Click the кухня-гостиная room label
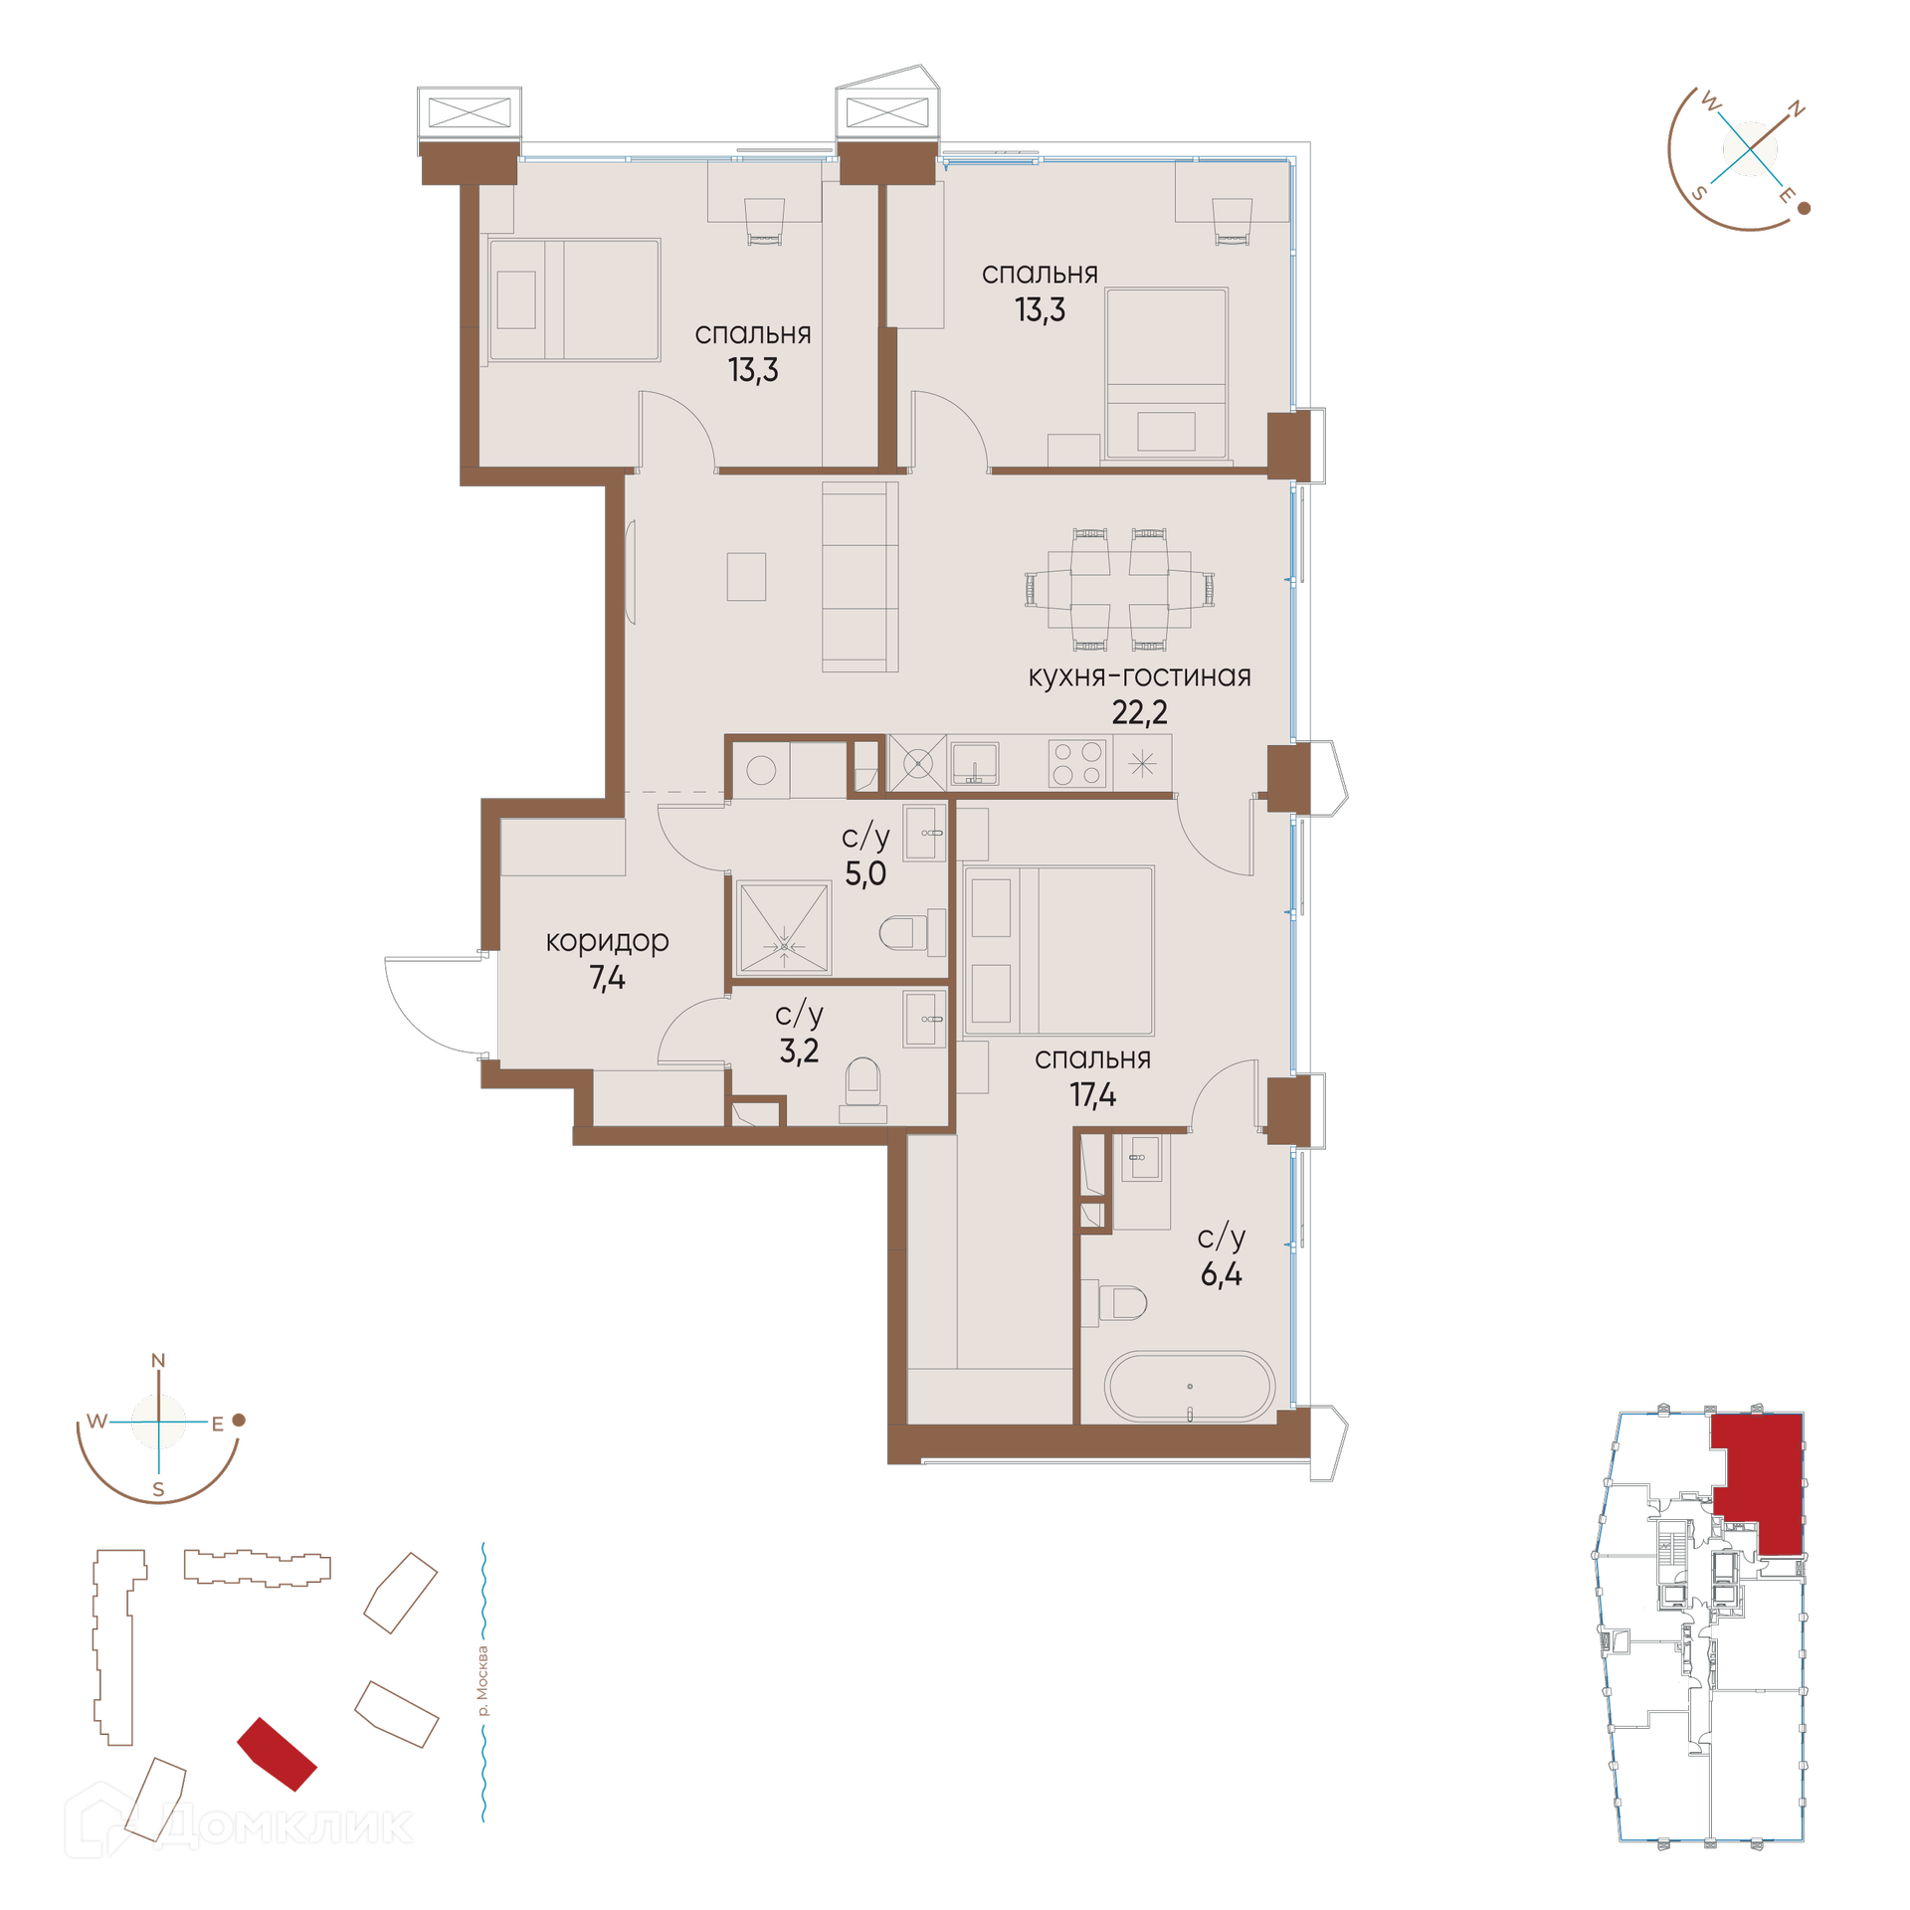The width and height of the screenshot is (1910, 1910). (1139, 676)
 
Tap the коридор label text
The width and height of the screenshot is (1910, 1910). (607, 941)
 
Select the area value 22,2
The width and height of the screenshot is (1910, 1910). (1139, 712)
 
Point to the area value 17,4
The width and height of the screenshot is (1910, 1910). (1092, 1095)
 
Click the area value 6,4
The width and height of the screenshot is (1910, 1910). (1221, 1274)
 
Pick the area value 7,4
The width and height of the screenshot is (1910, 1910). (607, 978)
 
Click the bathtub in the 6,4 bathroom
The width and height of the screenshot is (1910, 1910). (1189, 1386)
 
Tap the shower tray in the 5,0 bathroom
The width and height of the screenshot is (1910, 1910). (783, 927)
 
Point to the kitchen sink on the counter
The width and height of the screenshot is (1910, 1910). (975, 764)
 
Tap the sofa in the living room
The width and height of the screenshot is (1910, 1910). (860, 577)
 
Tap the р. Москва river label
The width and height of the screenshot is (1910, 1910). (482, 1681)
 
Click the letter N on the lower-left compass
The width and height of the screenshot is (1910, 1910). (158, 1361)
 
